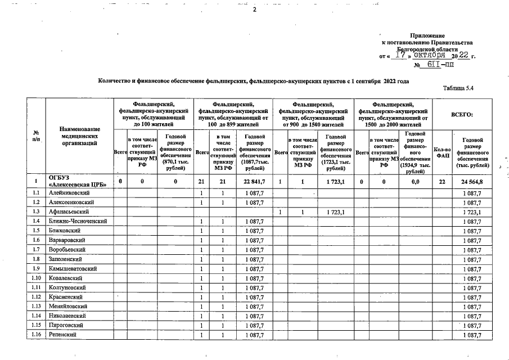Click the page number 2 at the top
click(x=254, y=10)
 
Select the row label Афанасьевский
click(x=70, y=211)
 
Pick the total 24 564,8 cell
click(x=471, y=182)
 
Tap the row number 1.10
click(x=35, y=278)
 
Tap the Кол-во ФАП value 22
click(x=442, y=182)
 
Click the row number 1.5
click(x=35, y=231)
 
